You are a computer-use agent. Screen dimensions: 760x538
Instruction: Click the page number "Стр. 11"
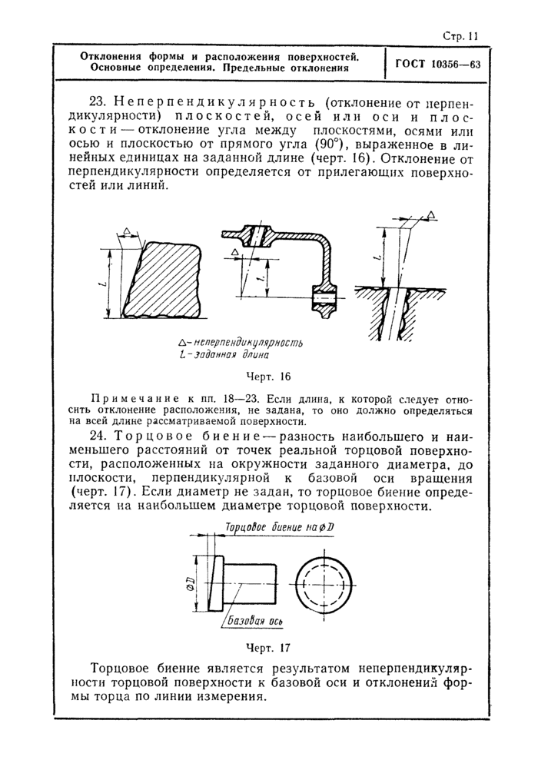[462, 35]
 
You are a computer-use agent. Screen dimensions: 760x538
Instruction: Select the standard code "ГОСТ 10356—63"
[437, 65]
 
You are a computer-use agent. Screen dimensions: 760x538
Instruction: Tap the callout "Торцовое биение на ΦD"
[274, 528]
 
